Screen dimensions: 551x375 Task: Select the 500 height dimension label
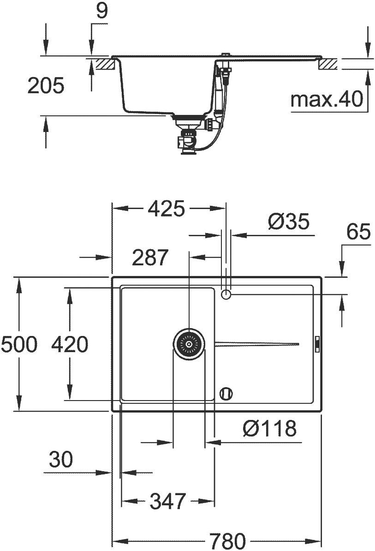(x=19, y=344)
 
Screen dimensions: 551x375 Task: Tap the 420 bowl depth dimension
(x=69, y=344)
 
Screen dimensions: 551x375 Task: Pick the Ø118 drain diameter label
(x=269, y=429)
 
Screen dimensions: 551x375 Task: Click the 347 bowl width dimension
(x=167, y=501)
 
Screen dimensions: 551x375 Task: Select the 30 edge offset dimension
(x=60, y=460)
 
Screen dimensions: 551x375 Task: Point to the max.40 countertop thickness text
(x=327, y=99)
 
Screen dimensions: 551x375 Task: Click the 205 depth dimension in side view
(x=46, y=86)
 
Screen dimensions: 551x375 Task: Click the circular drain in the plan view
(x=189, y=344)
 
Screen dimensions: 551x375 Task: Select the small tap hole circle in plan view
(x=226, y=294)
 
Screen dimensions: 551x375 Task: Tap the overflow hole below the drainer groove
(x=226, y=394)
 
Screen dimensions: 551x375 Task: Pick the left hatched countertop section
(x=104, y=63)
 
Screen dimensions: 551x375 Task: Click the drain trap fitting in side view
(x=187, y=138)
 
